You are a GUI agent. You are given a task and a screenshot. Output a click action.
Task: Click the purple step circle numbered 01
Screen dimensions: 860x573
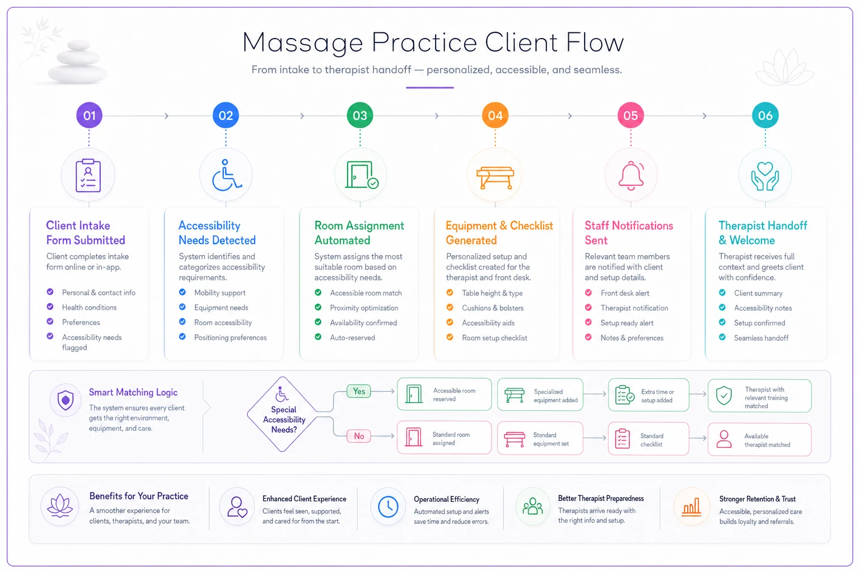89,115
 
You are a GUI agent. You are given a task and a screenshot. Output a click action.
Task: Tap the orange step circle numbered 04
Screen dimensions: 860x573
495,115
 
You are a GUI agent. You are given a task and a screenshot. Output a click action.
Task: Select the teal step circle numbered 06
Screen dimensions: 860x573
765,115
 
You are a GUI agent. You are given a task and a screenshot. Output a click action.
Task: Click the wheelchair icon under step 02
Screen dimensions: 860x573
227,175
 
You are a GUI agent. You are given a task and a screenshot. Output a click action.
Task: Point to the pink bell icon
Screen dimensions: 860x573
631,176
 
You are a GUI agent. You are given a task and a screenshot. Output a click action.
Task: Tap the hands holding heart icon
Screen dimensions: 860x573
765,176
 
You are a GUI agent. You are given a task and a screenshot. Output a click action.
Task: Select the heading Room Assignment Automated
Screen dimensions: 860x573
359,233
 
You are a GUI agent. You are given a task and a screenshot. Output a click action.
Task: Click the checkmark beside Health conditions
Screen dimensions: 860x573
50,307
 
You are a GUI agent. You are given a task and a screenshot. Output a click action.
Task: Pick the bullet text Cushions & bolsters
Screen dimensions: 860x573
493,308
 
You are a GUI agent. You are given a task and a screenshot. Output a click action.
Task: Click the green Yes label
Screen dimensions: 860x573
359,391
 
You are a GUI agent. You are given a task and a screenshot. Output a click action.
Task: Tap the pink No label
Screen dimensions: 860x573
359,436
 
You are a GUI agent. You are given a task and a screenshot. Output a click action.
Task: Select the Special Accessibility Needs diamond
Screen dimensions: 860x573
283,414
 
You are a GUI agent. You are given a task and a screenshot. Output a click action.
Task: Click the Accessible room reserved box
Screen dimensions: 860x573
444,394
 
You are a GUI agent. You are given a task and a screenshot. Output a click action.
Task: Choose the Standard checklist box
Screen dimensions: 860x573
648,439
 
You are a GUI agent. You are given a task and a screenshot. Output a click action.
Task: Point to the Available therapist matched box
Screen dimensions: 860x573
759,440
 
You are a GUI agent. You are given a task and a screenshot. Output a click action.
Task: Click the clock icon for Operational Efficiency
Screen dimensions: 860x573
388,506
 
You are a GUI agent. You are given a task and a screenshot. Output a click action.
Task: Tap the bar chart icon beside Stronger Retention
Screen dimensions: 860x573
691,507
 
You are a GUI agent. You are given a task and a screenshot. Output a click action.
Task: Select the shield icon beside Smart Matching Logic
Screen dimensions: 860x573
66,400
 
